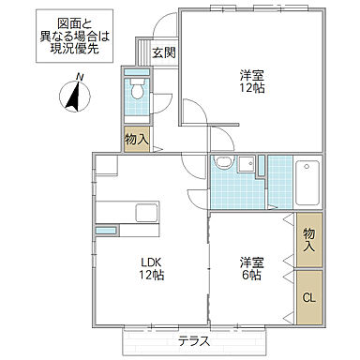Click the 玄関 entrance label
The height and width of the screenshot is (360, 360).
[x=163, y=52]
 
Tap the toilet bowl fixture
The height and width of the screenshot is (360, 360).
[x=137, y=92]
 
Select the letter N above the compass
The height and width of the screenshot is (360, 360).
[x=82, y=76]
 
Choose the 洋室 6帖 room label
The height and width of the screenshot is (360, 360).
[x=249, y=269]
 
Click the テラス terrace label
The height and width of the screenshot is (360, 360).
[x=194, y=340]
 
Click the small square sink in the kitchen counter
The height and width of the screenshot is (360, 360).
[x=148, y=209]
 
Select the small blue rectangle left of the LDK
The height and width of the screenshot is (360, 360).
[x=105, y=230]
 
